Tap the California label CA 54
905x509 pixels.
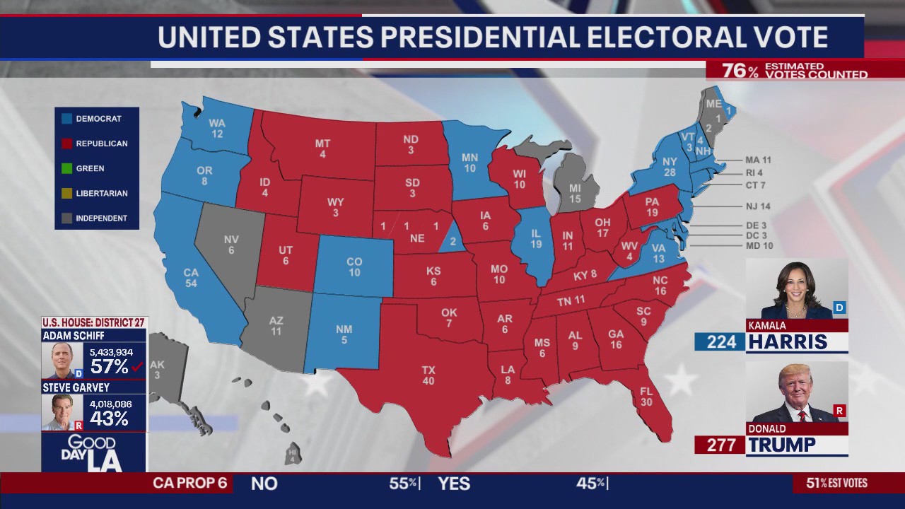click(x=191, y=278)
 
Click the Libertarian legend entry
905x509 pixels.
click(x=101, y=193)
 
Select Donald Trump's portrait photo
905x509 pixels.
click(x=797, y=392)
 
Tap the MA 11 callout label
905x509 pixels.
click(x=758, y=160)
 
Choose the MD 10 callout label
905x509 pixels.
click(x=759, y=245)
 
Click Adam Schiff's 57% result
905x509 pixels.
click(x=109, y=366)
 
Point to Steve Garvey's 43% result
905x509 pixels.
click(x=109, y=418)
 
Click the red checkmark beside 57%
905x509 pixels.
click(x=138, y=366)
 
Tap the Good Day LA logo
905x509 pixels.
click(x=94, y=452)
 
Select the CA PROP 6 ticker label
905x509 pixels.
click(x=190, y=484)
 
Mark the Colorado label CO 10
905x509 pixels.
click(x=354, y=267)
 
